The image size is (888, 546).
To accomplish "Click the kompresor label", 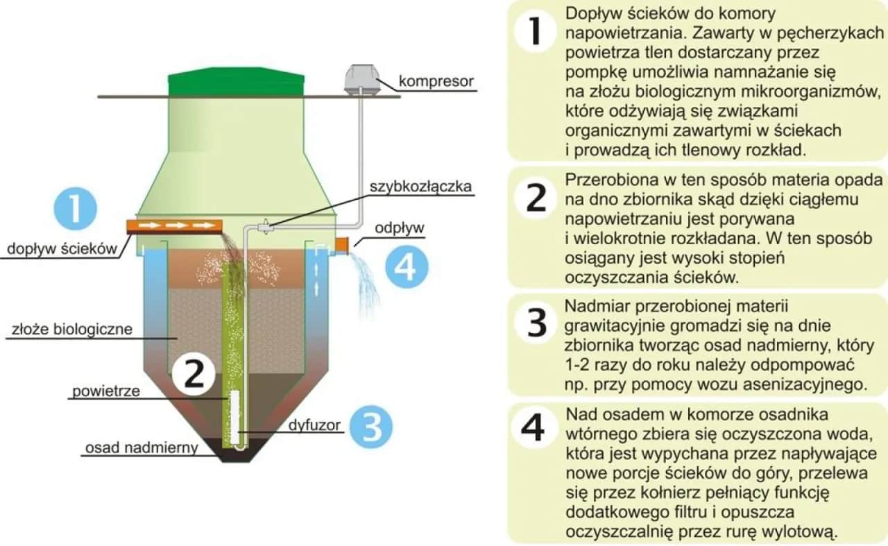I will point(436,82).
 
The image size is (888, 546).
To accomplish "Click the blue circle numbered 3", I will point(372,426).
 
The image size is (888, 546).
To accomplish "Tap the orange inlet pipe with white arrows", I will point(174,225).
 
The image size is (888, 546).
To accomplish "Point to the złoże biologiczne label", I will point(71,330).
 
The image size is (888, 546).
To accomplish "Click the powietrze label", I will point(105,391).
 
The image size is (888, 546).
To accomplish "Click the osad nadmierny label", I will point(142,448).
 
